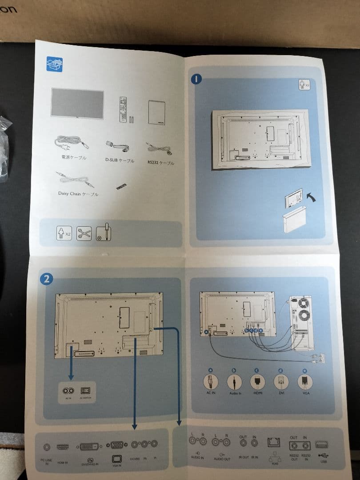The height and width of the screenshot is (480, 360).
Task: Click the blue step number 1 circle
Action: click(196, 80)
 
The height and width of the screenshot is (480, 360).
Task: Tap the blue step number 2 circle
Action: click(47, 279)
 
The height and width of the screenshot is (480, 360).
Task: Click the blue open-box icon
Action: click(54, 64)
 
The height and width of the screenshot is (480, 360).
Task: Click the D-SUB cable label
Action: click(120, 160)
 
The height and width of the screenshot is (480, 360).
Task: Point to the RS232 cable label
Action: click(161, 163)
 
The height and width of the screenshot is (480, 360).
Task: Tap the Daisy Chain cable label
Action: click(78, 194)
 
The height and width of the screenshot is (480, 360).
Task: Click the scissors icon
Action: click(84, 232)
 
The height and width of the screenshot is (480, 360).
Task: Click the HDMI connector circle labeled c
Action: click(257, 382)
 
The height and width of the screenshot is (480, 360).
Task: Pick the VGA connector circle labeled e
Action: click(305, 382)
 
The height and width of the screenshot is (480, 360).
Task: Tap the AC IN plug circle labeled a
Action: click(210, 382)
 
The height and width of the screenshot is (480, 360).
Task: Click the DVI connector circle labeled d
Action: click(281, 382)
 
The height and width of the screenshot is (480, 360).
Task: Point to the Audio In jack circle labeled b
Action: click(234, 382)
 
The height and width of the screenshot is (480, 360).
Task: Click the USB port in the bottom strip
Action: click(321, 444)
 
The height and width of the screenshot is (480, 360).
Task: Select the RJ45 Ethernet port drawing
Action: click(272, 443)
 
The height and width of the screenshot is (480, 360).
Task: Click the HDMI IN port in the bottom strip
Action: click(62, 447)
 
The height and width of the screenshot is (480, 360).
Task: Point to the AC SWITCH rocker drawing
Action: click(85, 391)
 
